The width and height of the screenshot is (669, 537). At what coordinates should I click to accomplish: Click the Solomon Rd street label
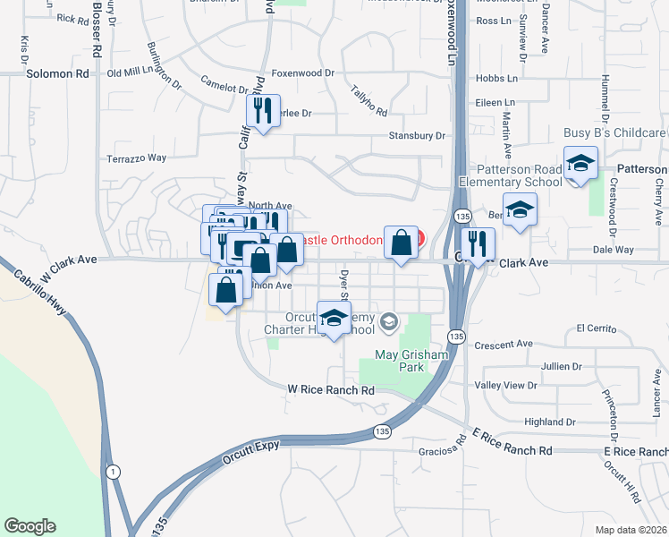click(59, 74)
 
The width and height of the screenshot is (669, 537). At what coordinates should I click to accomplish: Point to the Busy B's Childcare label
click(614, 132)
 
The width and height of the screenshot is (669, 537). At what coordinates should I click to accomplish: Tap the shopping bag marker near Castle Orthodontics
click(401, 243)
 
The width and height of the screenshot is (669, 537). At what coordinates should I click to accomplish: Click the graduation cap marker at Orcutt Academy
click(334, 320)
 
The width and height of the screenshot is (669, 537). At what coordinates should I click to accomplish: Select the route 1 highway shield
click(112, 471)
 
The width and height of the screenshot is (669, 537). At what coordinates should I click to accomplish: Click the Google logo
click(30, 526)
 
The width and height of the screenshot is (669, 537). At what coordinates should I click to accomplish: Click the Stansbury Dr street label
click(416, 135)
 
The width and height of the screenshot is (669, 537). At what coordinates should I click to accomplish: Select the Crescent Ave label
click(504, 344)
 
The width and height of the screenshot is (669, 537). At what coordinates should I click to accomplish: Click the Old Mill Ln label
click(131, 72)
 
